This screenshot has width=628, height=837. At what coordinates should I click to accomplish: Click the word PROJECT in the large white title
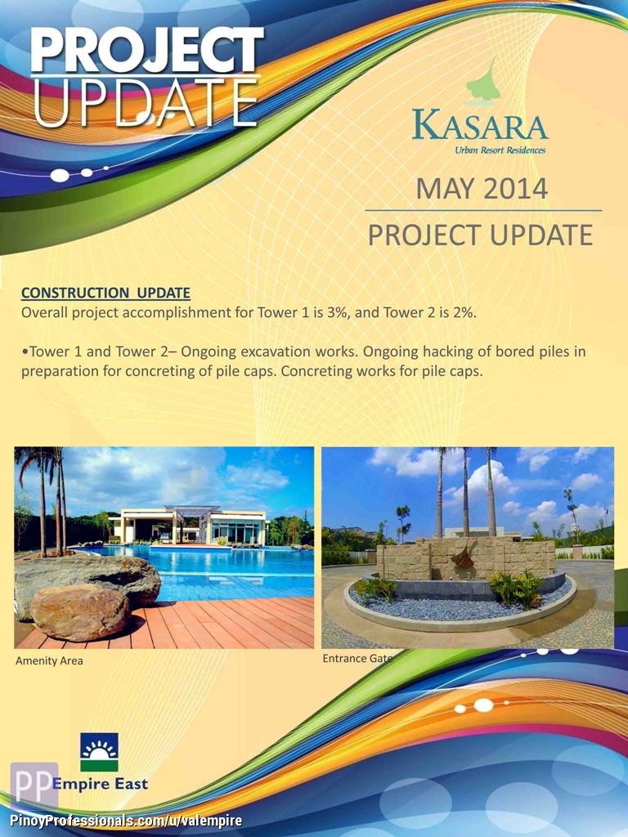pyautogui.click(x=147, y=50)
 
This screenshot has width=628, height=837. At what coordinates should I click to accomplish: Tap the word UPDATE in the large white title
pyautogui.click(x=146, y=104)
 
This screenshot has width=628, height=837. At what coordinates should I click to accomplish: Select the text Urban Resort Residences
pyautogui.click(x=500, y=150)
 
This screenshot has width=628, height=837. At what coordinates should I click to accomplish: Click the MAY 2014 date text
pyautogui.click(x=482, y=189)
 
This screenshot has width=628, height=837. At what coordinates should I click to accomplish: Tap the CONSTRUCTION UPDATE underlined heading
pyautogui.click(x=105, y=293)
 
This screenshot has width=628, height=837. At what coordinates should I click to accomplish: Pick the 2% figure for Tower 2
pyautogui.click(x=464, y=312)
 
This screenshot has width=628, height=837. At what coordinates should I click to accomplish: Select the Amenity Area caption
pyautogui.click(x=49, y=660)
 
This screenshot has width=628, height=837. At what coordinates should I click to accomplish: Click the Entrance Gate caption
pyautogui.click(x=357, y=659)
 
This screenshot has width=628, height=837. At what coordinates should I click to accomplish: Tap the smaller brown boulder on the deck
pyautogui.click(x=81, y=611)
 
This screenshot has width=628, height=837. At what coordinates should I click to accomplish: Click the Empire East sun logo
pyautogui.click(x=99, y=752)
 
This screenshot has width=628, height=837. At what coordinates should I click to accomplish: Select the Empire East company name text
pyautogui.click(x=100, y=784)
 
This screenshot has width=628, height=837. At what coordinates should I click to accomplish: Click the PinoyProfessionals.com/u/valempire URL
pyautogui.click(x=122, y=821)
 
